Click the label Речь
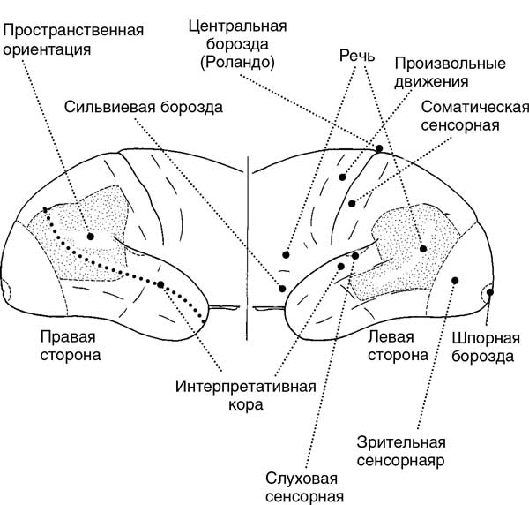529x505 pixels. (357, 56)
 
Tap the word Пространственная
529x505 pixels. (73, 31)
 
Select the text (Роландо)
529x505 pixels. (237, 62)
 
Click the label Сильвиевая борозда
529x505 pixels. (144, 108)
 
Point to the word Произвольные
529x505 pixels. (451, 64)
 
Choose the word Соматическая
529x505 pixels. (475, 108)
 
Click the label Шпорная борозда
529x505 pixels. (486, 347)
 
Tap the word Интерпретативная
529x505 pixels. (246, 387)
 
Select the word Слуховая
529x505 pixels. (302, 479)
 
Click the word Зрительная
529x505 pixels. (401, 442)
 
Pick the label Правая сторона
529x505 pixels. (71, 346)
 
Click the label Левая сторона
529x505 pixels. (399, 346)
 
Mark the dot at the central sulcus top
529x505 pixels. (379, 148)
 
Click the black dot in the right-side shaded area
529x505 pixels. (90, 237)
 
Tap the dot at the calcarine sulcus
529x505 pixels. (490, 292)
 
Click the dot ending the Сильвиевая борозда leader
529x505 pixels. (282, 289)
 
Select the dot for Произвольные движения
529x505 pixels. (342, 177)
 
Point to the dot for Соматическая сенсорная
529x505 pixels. (352, 204)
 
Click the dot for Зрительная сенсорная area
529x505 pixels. (455, 280)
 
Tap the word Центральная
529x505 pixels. (237, 26)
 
